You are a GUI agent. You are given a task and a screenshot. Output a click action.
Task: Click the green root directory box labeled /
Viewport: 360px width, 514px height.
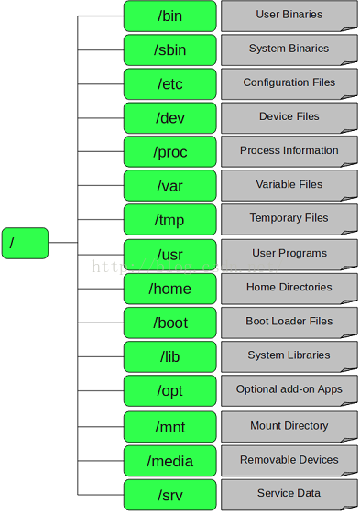pos(25,243)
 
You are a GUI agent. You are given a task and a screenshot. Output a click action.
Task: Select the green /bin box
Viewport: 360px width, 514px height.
pos(169,16)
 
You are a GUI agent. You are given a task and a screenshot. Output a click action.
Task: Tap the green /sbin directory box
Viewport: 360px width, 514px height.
pos(169,49)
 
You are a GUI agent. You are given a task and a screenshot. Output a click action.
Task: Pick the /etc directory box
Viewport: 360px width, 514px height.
pos(169,83)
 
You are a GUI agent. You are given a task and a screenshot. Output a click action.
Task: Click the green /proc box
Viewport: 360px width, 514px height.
pos(169,151)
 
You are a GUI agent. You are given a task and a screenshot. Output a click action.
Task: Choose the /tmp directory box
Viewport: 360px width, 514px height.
pos(169,220)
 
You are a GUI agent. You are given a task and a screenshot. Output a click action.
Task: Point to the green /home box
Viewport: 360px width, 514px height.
pos(169,289)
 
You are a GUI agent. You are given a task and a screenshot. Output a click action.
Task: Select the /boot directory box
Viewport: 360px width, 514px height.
pos(169,323)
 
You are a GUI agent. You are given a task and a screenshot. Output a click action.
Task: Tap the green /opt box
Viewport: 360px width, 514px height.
pos(169,390)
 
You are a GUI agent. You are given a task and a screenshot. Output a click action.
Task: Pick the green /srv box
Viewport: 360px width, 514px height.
pos(169,494)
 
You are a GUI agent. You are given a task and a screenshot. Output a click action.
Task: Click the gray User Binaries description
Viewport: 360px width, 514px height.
pos(289,15)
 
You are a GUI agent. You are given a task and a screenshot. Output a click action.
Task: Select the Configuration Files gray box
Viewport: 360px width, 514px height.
pos(289,82)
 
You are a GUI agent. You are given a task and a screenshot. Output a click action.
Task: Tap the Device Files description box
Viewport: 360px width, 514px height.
pos(289,116)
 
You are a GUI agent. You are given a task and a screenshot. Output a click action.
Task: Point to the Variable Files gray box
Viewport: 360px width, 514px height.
pos(289,184)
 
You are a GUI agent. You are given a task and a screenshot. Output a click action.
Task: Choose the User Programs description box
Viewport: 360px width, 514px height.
pos(289,253)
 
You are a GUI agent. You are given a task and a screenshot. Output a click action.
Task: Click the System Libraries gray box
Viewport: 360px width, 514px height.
pos(289,355)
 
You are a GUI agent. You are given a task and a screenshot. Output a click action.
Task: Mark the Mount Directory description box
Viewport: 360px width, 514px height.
pos(289,426)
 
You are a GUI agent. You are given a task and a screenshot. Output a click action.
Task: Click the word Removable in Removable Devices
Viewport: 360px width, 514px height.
pos(267,460)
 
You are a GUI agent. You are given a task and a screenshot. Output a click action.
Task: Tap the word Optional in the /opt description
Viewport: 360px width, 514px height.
pos(256,389)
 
